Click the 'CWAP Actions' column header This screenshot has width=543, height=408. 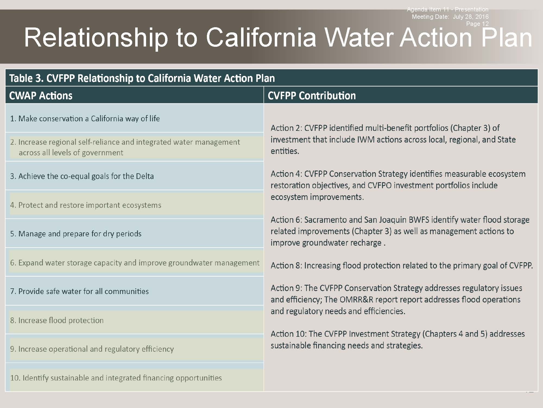click(x=41, y=96)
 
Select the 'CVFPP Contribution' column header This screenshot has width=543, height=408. click(x=312, y=96)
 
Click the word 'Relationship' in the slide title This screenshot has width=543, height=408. click(x=96, y=38)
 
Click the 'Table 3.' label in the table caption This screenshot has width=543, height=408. click(x=26, y=78)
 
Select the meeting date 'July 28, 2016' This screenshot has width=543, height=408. click(x=471, y=17)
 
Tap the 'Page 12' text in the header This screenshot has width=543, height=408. click(x=477, y=24)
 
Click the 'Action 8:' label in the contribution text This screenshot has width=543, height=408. click(x=286, y=265)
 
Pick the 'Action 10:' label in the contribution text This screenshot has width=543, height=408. click(x=289, y=334)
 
